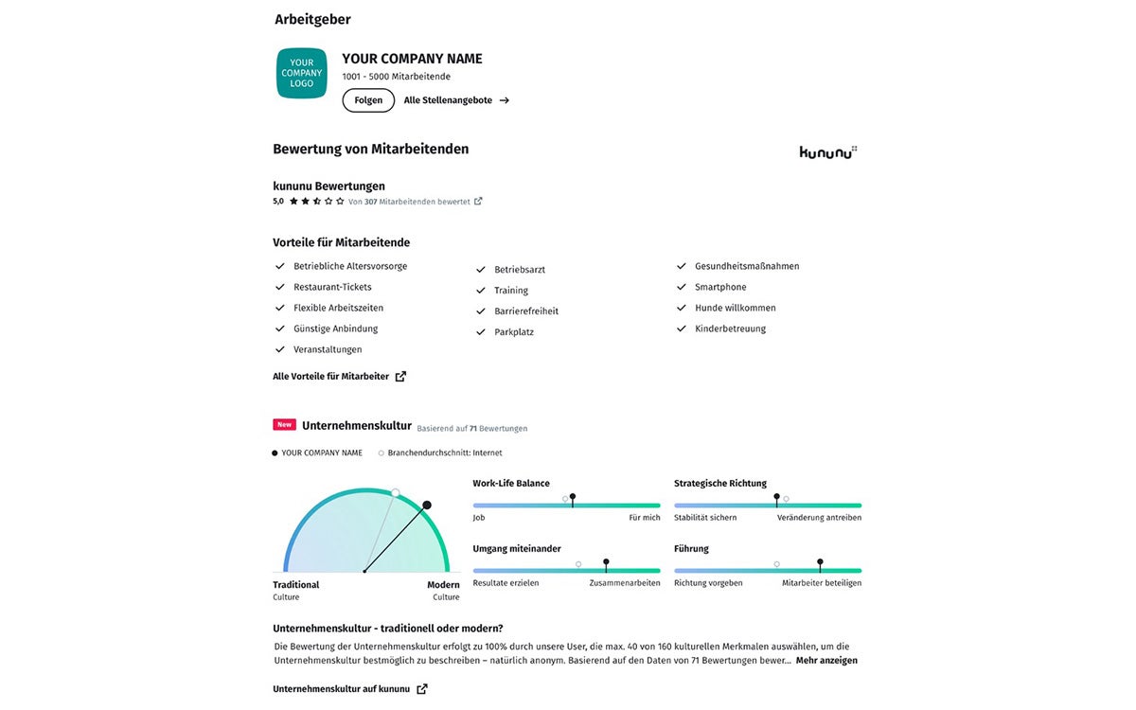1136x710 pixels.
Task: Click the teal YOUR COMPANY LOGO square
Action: coord(301,73)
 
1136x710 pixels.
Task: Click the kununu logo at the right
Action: coord(827,151)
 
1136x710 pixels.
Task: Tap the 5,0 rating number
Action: coord(278,202)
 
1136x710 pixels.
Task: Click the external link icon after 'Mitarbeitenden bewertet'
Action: coord(478,202)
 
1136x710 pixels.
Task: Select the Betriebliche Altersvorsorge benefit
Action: coord(350,267)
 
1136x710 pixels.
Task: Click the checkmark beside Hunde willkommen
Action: coord(682,309)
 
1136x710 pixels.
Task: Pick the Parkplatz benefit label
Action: coord(514,332)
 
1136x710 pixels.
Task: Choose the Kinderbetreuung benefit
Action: coord(730,329)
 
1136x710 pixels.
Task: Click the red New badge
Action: coord(284,425)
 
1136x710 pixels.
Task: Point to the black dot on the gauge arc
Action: coord(427,506)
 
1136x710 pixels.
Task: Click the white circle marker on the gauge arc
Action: coord(396,493)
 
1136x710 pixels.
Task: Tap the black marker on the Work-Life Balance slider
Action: coord(573,497)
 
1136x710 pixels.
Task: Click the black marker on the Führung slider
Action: coord(820,562)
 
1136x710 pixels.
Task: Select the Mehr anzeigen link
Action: coord(826,661)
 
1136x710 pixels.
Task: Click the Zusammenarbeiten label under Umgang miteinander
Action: coord(625,583)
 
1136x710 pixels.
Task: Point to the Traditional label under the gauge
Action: coord(296,585)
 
